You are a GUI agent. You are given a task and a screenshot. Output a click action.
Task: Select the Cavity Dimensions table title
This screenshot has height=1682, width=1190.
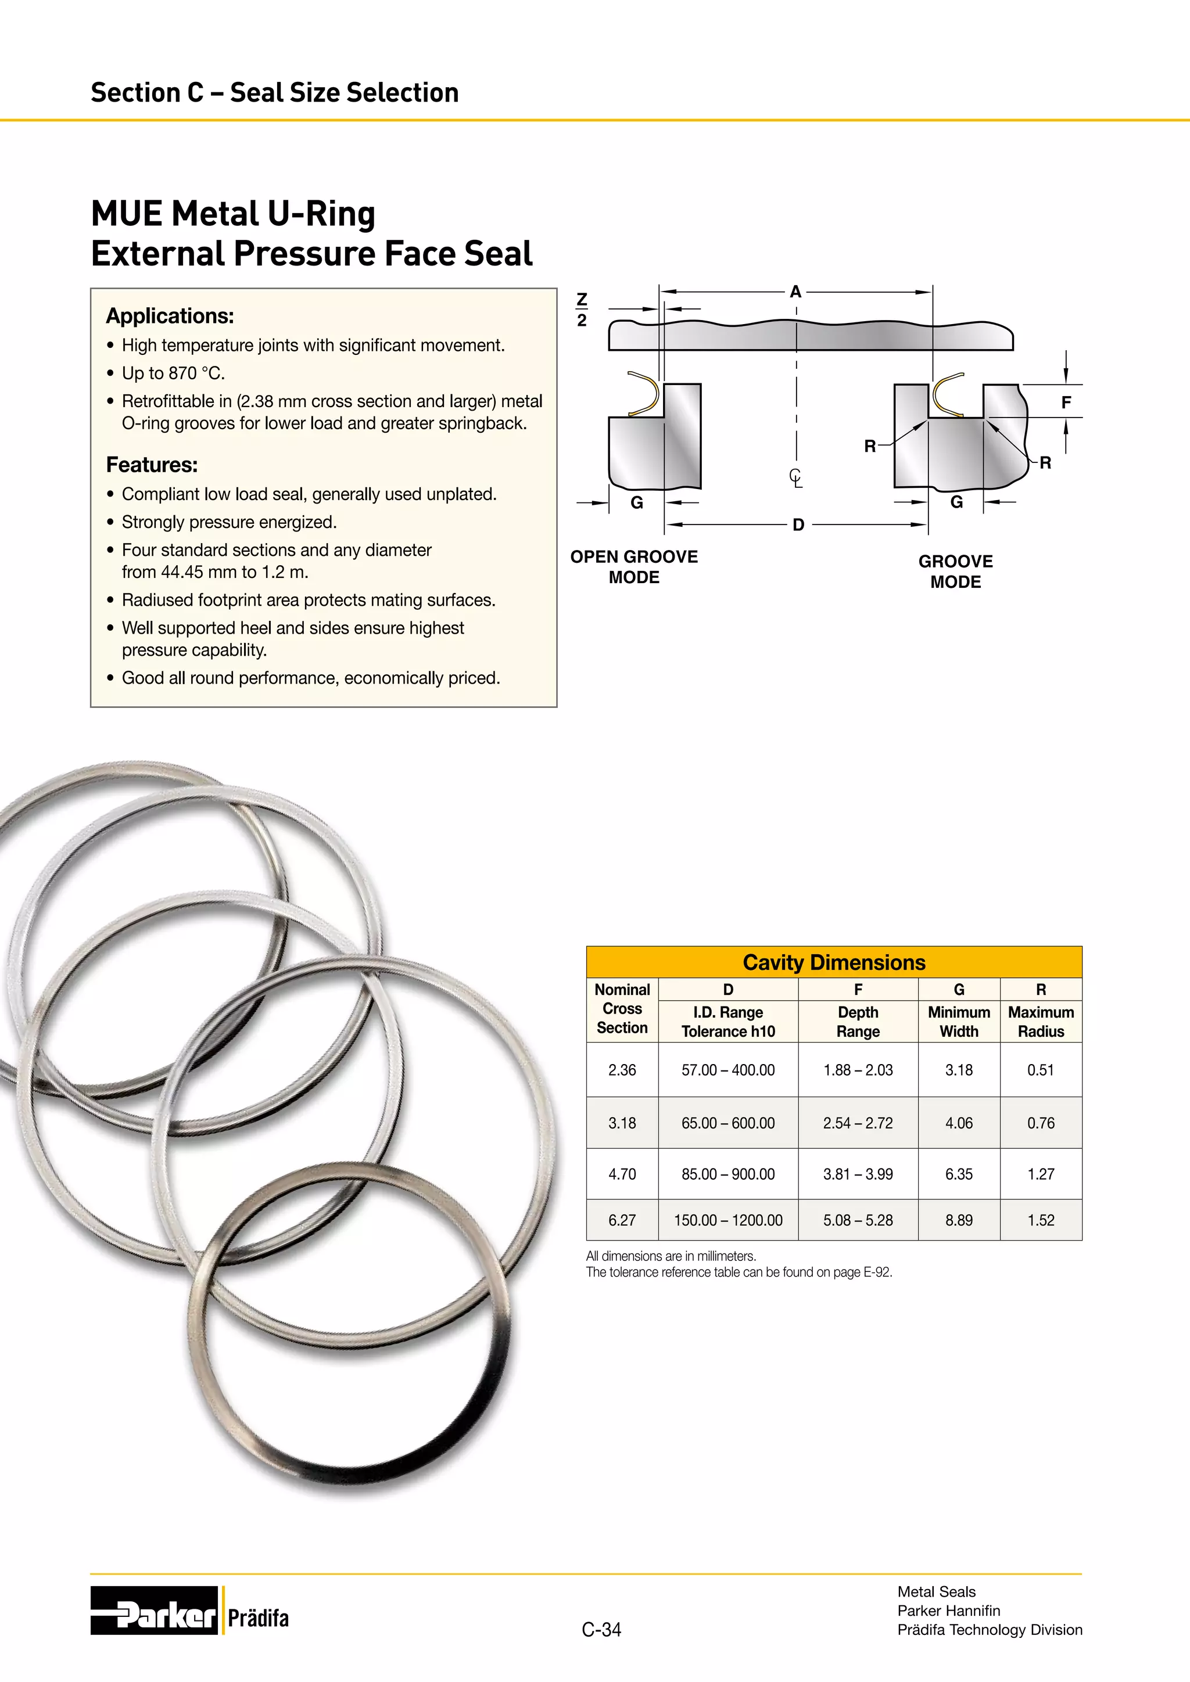tap(834, 962)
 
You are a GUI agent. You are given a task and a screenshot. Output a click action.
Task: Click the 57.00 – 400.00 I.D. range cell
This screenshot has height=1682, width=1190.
tap(727, 1070)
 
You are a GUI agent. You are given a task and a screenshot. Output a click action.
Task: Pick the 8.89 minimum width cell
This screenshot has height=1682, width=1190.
tap(958, 1220)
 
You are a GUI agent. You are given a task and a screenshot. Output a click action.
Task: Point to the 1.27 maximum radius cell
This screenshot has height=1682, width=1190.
tap(1041, 1174)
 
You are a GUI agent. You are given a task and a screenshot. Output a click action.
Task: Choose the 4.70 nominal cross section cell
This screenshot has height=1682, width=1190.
tap(622, 1174)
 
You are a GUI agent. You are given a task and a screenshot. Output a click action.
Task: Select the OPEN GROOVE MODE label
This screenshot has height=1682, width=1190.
tap(634, 567)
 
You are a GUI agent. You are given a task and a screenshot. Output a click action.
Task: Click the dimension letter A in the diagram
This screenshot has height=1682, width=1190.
tap(796, 292)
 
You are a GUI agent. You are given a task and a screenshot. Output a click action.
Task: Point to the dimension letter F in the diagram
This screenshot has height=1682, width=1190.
tap(1066, 402)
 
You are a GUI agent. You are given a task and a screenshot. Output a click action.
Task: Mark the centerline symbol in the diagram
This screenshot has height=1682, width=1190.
tap(796, 477)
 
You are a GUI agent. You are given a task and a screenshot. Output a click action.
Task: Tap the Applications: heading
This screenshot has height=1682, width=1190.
tap(170, 316)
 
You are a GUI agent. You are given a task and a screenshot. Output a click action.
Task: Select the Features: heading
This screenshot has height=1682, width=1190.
tap(152, 465)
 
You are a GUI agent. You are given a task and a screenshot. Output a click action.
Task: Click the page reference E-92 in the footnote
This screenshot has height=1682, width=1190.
tap(877, 1272)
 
